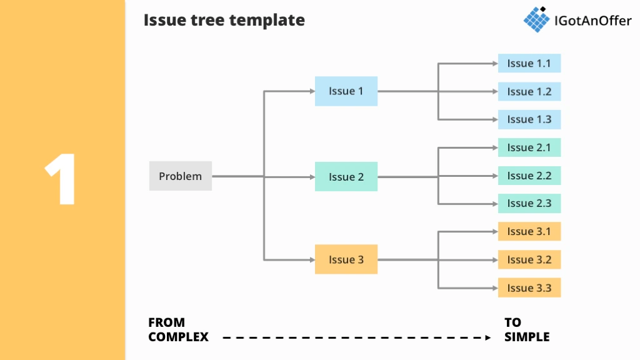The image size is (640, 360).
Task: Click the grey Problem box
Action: click(180, 176)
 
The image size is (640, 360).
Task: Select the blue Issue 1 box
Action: click(346, 91)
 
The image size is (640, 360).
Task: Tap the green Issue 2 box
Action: click(346, 177)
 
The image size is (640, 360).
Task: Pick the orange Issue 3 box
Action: click(346, 259)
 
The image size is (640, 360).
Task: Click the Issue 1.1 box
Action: click(529, 63)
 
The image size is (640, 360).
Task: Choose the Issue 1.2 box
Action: click(529, 91)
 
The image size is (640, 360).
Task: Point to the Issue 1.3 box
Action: click(529, 119)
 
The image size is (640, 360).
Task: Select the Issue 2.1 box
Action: click(529, 147)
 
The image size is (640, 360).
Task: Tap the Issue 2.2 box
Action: click(529, 176)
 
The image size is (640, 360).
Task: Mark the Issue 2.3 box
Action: click(529, 203)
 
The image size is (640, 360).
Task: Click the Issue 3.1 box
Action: click(529, 231)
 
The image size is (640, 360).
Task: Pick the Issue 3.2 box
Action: click(529, 259)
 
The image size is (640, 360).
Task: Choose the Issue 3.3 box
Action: click(529, 287)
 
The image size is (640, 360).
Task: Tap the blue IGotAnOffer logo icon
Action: click(536, 19)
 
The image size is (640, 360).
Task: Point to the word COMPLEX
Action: click(178, 337)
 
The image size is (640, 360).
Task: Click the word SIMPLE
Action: click(527, 337)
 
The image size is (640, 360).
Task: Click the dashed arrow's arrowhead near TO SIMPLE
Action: click(488, 337)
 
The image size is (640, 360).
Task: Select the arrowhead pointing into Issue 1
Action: click(311, 91)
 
